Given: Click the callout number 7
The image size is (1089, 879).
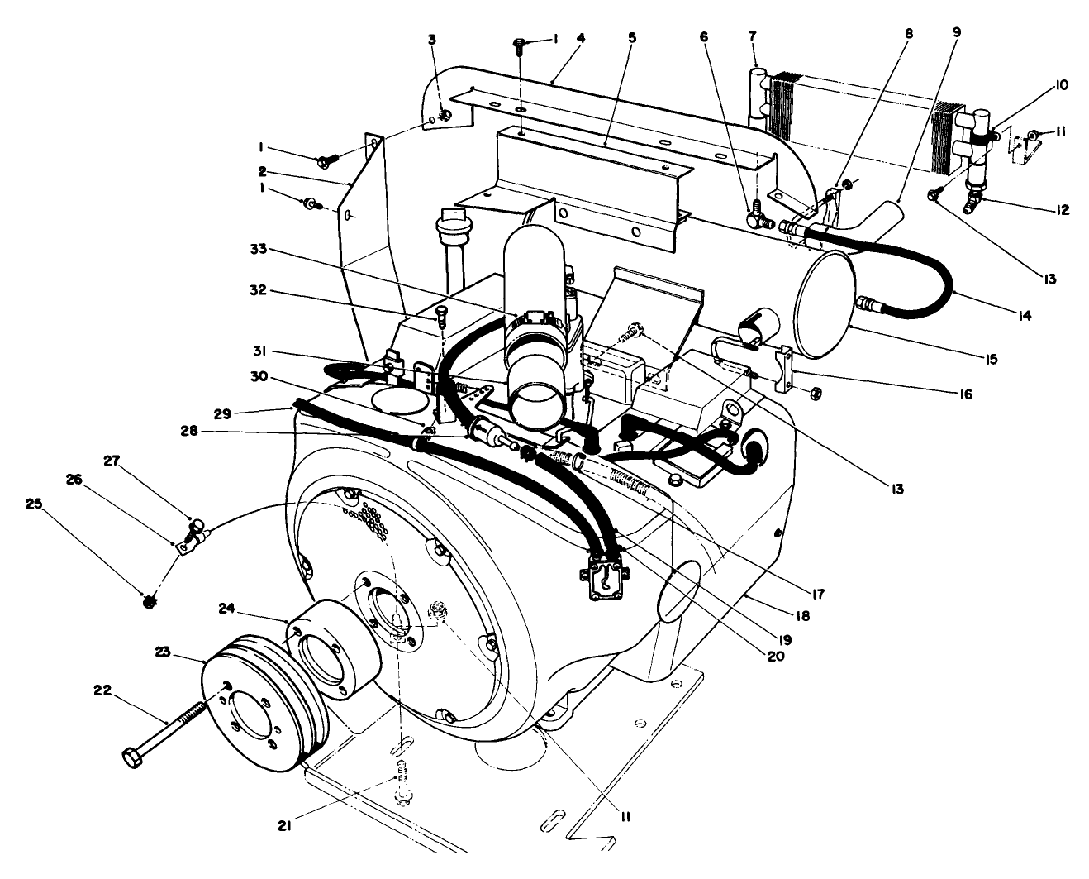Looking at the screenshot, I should coord(753,36).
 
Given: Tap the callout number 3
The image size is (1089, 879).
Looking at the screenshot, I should coord(432,41).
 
